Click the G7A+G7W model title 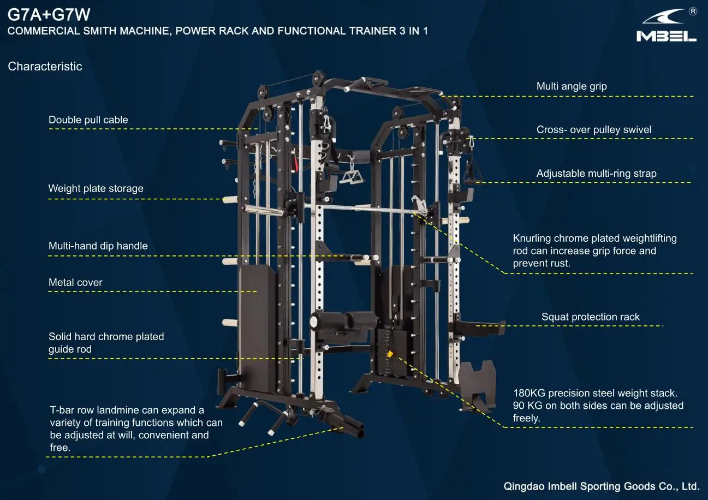coord(49,15)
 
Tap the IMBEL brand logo coord(667,26)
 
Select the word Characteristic coord(45,67)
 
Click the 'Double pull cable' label coord(88,120)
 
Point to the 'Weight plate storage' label coord(96,188)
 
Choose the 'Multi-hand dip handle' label coord(98,246)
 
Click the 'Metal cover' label coord(75,282)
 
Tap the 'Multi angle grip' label coord(572,86)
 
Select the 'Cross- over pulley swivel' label coord(594,129)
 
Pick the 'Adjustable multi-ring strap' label coord(597,174)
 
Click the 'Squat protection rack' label coord(591,317)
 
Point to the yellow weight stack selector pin coord(390,354)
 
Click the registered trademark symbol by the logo coord(693,11)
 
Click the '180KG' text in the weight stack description coord(529,393)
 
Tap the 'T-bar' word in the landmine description coord(62,410)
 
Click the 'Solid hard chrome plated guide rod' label coord(106,343)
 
